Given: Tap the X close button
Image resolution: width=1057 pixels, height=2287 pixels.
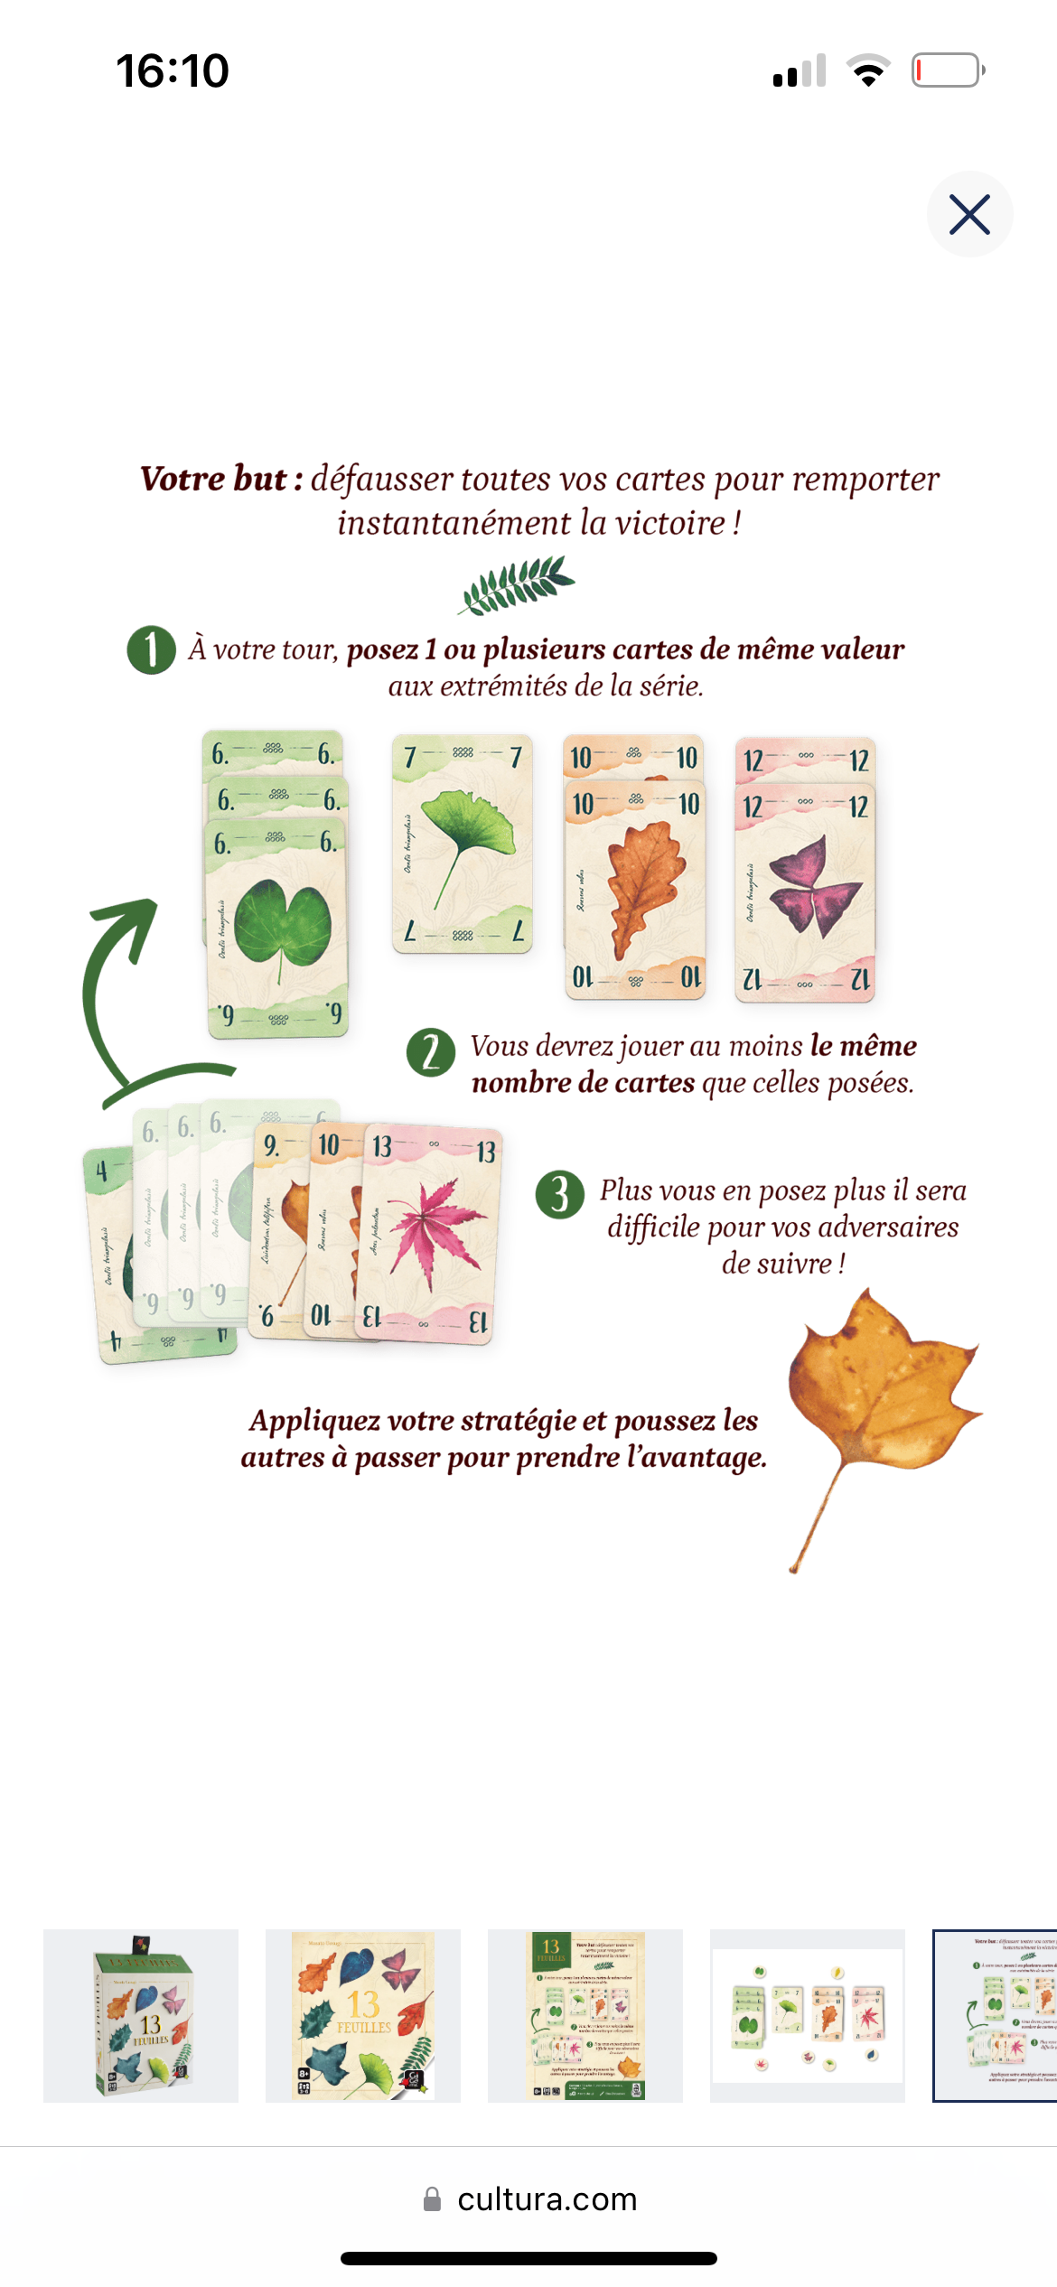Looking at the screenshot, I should (969, 214).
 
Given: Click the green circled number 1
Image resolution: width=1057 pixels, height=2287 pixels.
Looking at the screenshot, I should (151, 650).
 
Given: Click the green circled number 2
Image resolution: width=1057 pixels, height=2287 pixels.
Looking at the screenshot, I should (431, 1053).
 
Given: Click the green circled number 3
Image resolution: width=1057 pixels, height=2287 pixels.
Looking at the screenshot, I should (560, 1195).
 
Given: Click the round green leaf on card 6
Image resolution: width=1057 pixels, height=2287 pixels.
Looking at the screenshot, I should (282, 924).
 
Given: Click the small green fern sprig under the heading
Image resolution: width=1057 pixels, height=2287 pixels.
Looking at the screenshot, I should (517, 584).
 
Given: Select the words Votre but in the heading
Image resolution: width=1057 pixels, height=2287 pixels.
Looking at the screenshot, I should (213, 479).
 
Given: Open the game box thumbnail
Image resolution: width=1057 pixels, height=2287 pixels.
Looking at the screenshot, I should (141, 2016).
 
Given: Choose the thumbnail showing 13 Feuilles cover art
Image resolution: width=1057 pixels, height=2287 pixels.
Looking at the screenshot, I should (363, 2016).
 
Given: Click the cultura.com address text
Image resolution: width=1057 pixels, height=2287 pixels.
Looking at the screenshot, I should (547, 2198).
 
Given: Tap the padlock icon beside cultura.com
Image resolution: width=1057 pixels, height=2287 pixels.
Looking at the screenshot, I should (433, 2199).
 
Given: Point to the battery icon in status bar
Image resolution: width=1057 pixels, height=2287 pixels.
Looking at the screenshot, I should (948, 70).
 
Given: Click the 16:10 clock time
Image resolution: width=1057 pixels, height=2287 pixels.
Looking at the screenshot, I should (173, 70).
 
